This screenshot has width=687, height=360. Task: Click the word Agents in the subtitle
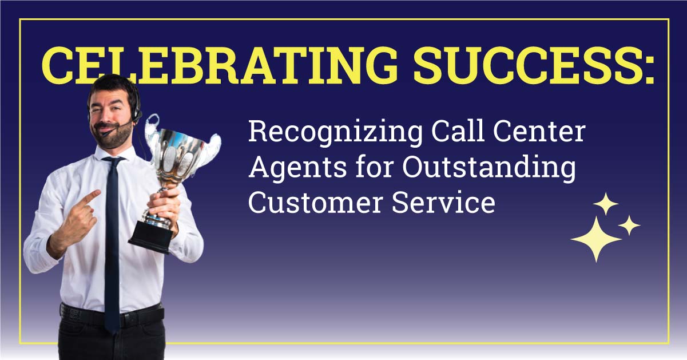pos(287,169)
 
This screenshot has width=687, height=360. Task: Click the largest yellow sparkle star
pos(596,239)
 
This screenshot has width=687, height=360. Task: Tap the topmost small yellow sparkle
pos(606,204)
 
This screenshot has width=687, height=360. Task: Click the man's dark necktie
pos(112,240)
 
